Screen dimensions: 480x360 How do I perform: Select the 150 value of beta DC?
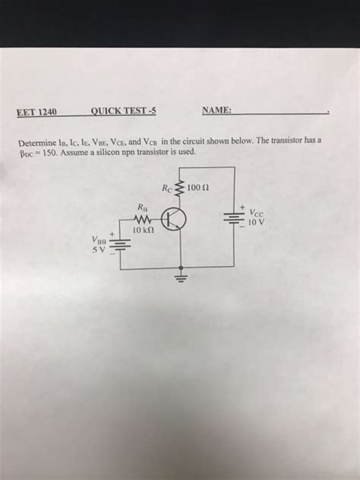[61, 152]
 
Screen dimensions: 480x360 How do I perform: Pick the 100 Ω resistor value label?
[197, 186]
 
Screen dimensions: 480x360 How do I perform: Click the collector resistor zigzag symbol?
[181, 187]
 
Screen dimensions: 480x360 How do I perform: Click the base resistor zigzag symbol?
[144, 219]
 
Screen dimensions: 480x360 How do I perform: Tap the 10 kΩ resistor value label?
[144, 229]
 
